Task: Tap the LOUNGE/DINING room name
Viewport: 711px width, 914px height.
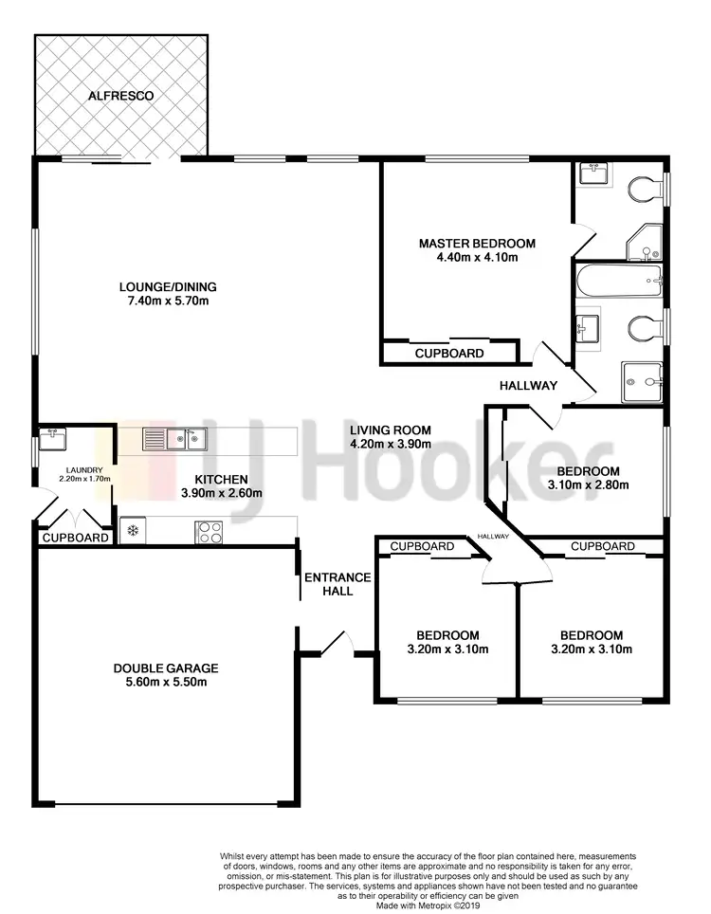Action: (168, 287)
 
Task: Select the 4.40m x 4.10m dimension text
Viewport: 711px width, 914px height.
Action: (477, 257)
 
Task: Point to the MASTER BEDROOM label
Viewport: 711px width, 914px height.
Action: (477, 244)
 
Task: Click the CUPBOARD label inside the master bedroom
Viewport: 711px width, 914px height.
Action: (449, 354)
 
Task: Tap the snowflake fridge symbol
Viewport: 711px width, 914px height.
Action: (134, 530)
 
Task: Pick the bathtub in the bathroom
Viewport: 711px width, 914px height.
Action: (618, 278)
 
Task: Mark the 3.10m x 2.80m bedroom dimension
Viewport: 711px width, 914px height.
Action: (588, 484)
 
